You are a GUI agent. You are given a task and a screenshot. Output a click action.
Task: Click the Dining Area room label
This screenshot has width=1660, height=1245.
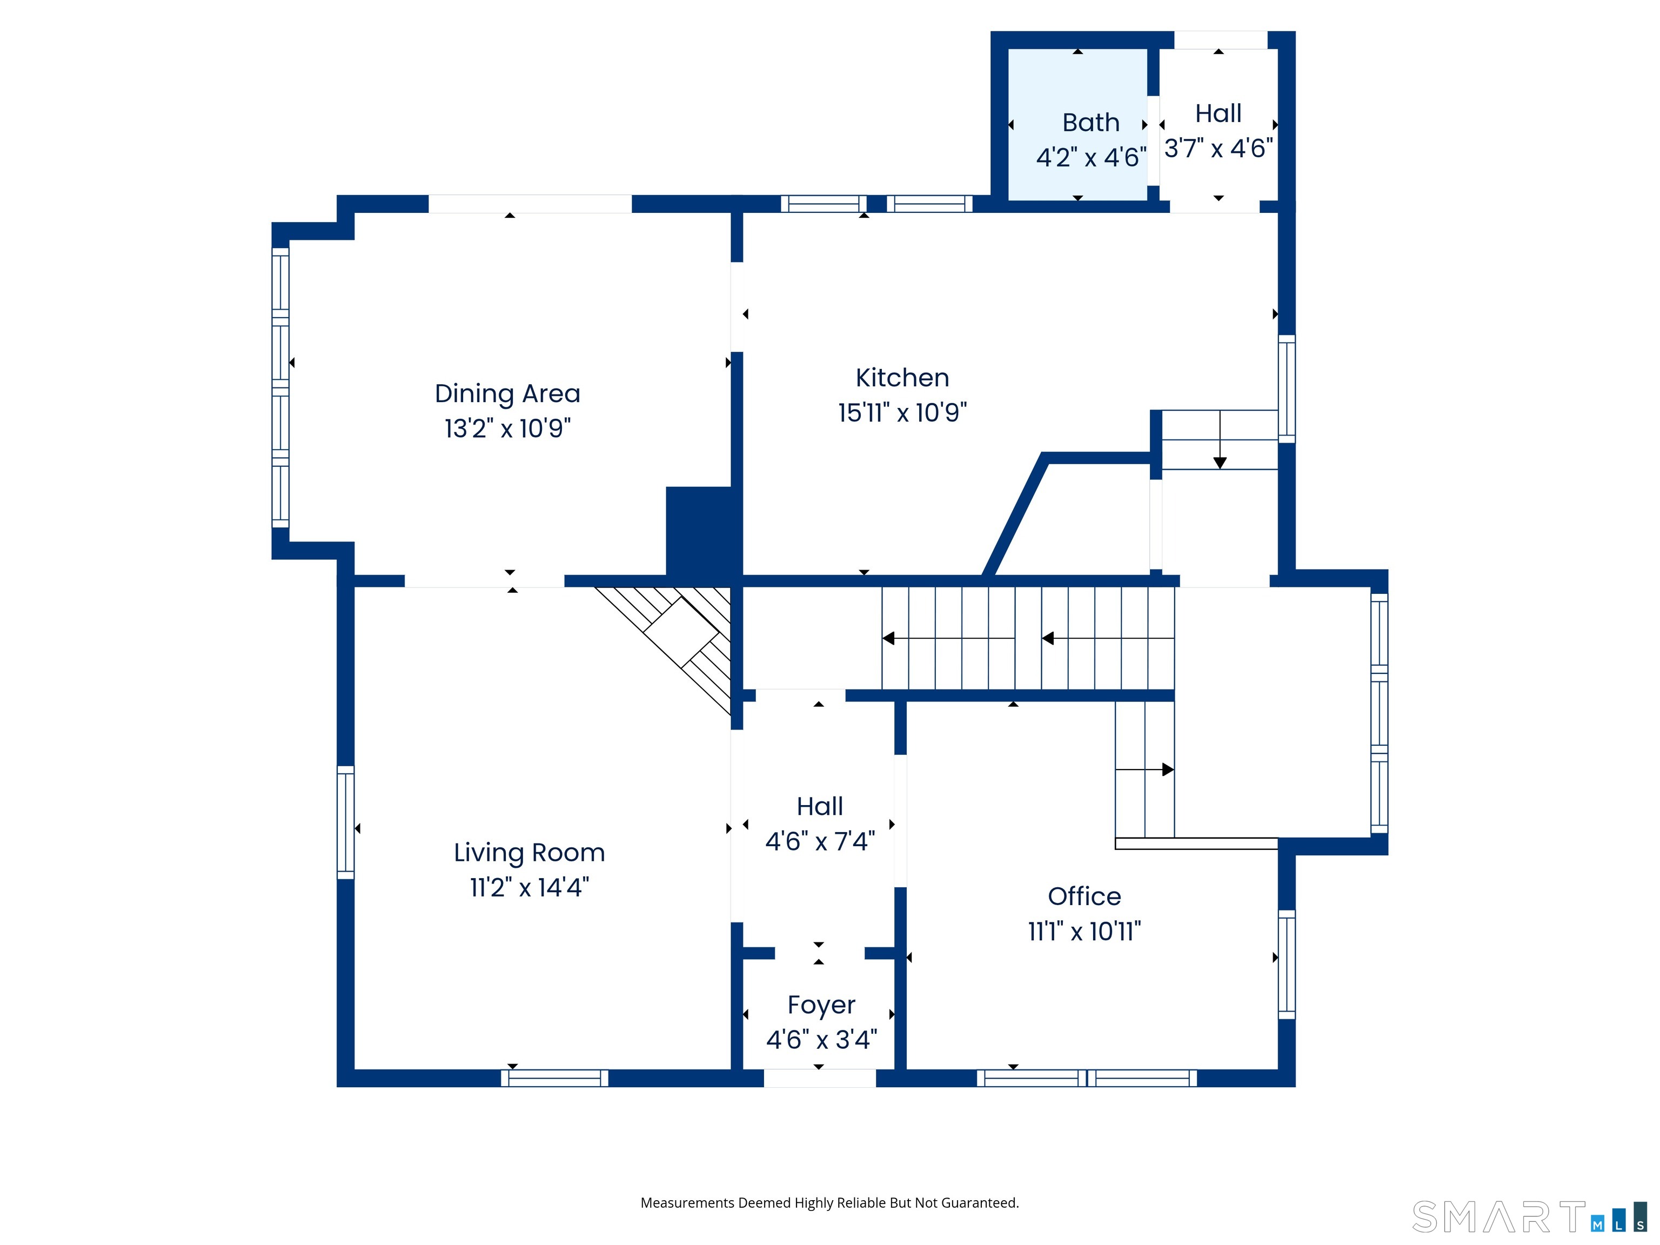point(507,393)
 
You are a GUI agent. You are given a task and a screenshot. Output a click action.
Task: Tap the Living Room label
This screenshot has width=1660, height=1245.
point(529,853)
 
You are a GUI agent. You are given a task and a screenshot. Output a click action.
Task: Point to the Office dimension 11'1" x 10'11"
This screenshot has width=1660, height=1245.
point(1085,931)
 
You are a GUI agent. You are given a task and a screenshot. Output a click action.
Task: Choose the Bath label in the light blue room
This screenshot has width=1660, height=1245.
point(1090,122)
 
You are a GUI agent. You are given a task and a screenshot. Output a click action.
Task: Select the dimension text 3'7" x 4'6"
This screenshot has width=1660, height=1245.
point(1218,149)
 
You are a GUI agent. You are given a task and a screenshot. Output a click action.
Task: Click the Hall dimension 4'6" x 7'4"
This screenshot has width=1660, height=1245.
point(820,841)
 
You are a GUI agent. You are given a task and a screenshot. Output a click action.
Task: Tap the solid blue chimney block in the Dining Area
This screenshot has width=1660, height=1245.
point(699,531)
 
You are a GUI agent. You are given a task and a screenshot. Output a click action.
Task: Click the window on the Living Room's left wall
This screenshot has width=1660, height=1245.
point(345,822)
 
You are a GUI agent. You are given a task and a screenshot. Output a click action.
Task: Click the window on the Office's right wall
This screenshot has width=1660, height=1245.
point(1286,965)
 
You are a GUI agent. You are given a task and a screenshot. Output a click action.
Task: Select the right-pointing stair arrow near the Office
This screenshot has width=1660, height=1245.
point(1144,769)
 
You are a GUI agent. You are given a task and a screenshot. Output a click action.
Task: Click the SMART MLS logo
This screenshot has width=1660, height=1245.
point(1529,1216)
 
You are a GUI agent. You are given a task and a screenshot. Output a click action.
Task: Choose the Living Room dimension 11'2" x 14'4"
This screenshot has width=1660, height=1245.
point(529,888)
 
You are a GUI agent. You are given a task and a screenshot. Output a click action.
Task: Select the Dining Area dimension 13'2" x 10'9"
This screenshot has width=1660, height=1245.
point(507,429)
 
